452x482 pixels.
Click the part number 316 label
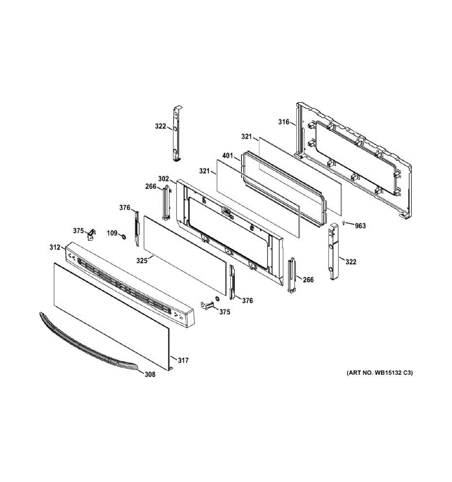tap(284, 122)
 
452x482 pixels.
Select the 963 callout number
tap(360, 226)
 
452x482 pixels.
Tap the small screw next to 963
tap(344, 223)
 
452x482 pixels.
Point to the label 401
tap(228, 155)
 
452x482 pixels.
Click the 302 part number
tap(163, 179)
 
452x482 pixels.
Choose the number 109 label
tap(112, 233)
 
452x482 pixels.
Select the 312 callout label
tap(55, 247)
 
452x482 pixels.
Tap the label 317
tap(183, 361)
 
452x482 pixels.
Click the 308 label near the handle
tap(150, 375)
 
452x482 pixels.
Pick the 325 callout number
tap(142, 261)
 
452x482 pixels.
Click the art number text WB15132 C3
tap(379, 373)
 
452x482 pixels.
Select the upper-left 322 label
tap(160, 127)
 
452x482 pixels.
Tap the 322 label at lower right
tap(351, 262)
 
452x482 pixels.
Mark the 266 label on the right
tap(308, 280)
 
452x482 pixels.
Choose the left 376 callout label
tap(125, 208)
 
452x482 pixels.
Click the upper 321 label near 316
tap(246, 137)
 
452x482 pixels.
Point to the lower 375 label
tap(225, 312)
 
